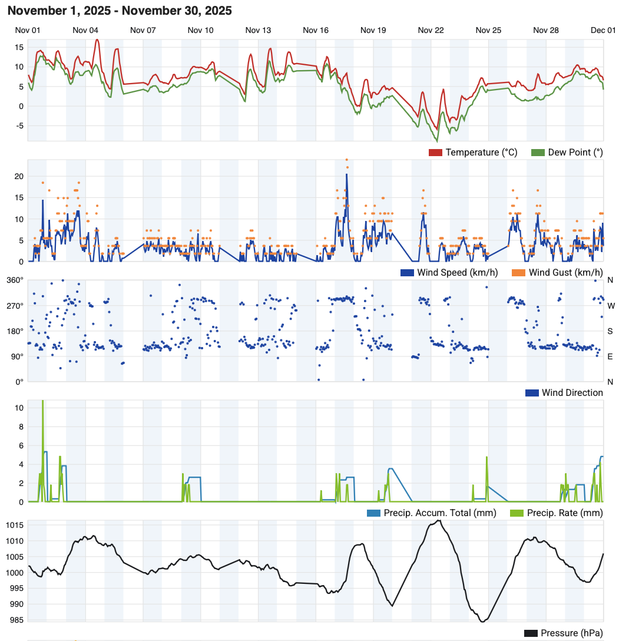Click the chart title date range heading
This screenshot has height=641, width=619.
click(x=120, y=11)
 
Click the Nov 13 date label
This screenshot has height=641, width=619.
click(x=258, y=30)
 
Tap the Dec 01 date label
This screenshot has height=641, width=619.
click(x=603, y=30)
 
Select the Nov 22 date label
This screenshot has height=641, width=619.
click(x=431, y=30)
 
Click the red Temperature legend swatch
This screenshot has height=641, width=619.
click(x=435, y=153)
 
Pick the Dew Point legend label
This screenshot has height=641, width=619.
click(x=575, y=153)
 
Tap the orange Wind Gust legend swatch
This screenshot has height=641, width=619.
click(x=518, y=272)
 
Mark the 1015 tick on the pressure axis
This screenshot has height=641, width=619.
click(x=16, y=525)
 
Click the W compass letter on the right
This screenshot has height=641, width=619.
click(x=611, y=306)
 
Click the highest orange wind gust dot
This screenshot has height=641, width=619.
click(x=346, y=160)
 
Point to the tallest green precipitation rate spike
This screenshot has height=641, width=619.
click(x=42, y=402)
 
